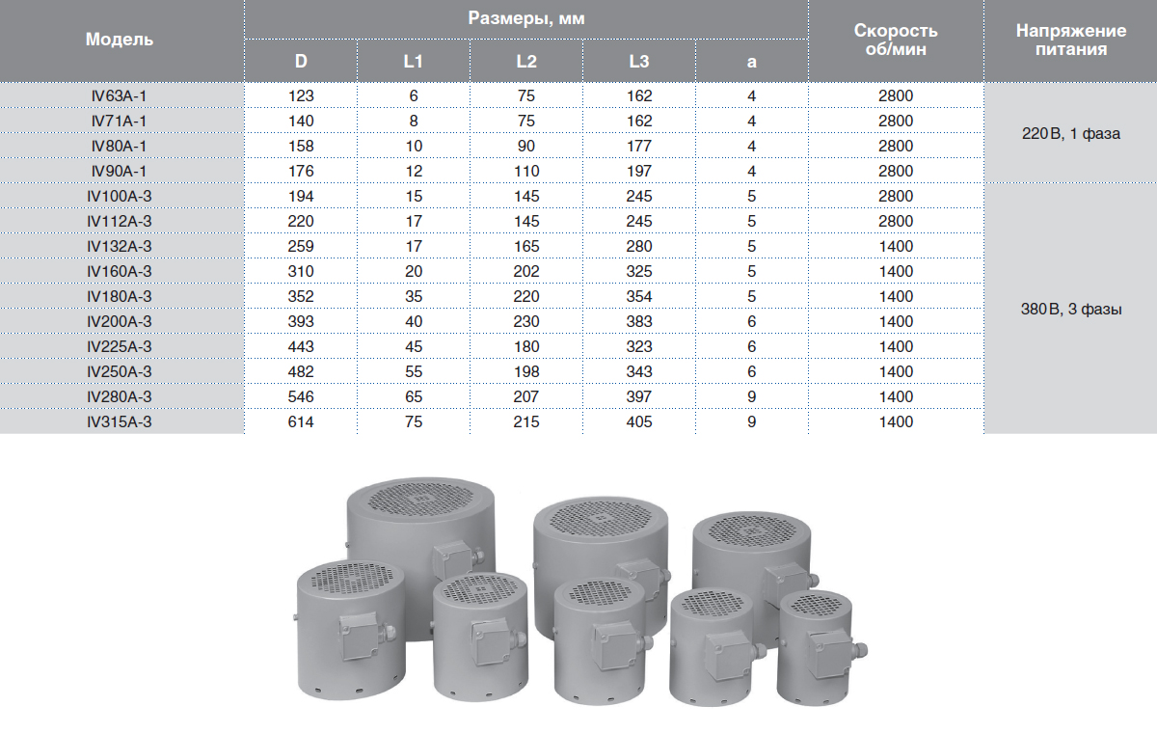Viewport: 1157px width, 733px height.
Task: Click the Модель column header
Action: pyautogui.click(x=120, y=40)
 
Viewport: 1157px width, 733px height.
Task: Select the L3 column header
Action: pyautogui.click(x=639, y=62)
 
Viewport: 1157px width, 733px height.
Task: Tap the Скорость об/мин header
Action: pyautogui.click(x=896, y=40)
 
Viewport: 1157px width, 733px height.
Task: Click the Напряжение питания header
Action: pyautogui.click(x=1071, y=40)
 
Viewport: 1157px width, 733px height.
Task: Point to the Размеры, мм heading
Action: pyautogui.click(x=526, y=18)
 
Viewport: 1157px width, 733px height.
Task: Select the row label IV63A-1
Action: pyautogui.click(x=120, y=96)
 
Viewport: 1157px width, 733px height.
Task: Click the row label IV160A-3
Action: pyautogui.click(x=120, y=272)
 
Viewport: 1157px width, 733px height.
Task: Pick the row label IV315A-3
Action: pyautogui.click(x=120, y=422)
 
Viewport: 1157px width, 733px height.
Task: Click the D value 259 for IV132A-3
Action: pyautogui.click(x=301, y=246)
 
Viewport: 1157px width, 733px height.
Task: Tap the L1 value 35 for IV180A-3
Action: pyautogui.click(x=414, y=296)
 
